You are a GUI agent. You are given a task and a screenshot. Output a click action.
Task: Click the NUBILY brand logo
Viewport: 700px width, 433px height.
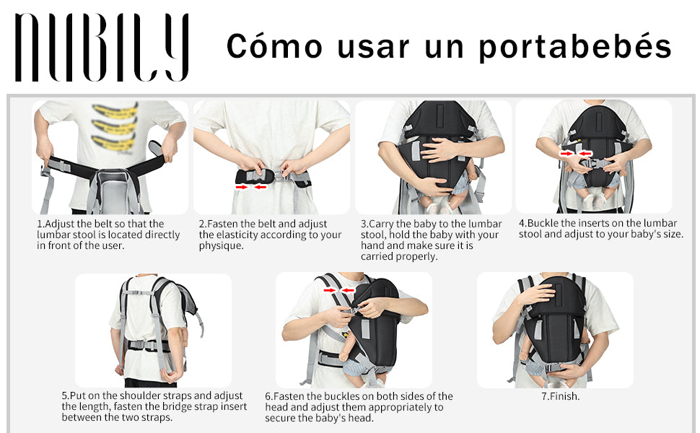pyautogui.click(x=102, y=48)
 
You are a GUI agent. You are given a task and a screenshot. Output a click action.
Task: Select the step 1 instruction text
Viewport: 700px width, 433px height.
pyautogui.click(x=108, y=235)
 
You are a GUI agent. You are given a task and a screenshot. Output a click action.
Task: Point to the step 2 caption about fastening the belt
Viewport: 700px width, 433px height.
pyautogui.click(x=270, y=235)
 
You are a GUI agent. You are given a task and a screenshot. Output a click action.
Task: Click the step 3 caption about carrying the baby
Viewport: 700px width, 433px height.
pyautogui.click(x=432, y=240)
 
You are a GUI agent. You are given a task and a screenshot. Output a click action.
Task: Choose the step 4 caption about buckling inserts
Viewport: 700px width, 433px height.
pyautogui.click(x=601, y=229)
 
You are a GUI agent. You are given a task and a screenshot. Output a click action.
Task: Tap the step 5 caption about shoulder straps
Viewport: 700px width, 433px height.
pyautogui.click(x=154, y=406)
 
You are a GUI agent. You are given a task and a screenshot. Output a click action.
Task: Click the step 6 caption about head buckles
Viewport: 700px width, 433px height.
pyautogui.click(x=359, y=407)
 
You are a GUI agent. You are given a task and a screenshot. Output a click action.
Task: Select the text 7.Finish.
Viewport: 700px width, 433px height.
pyautogui.click(x=560, y=396)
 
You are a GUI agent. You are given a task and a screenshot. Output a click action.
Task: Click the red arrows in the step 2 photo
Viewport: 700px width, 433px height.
pyautogui.click(x=251, y=187)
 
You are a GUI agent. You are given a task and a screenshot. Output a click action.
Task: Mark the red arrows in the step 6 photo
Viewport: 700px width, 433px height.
pyautogui.click(x=339, y=291)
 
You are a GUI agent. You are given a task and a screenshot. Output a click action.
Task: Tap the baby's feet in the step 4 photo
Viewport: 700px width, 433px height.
pyautogui.click(x=593, y=201)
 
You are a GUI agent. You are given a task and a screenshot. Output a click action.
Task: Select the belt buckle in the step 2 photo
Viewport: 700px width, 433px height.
pyautogui.click(x=280, y=175)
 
